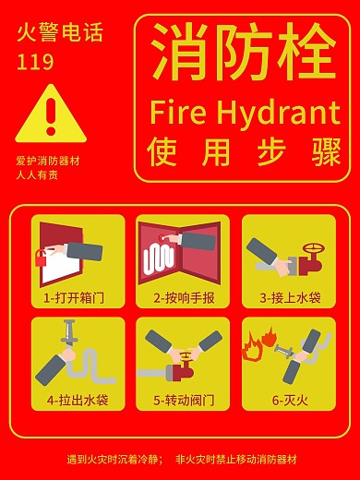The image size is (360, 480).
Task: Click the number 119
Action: pos(35,63)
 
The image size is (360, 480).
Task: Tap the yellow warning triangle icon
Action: pos(51,115)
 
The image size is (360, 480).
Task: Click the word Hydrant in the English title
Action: pos(278,113)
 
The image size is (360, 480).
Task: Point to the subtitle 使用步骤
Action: pos(244,150)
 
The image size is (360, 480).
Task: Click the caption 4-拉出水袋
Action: pos(78,401)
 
